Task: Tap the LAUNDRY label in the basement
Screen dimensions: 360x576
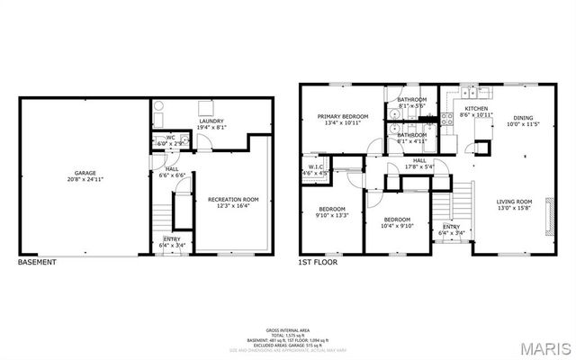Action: coord(211,121)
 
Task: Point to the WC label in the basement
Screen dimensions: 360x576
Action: coord(169,138)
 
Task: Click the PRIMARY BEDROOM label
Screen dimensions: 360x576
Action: coord(342,116)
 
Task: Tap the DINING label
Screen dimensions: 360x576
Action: coord(523,117)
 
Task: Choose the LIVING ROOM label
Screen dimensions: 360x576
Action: coord(516,202)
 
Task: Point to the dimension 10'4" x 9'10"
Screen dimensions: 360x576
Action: coord(397,226)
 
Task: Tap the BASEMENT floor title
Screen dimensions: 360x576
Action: coord(37,263)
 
